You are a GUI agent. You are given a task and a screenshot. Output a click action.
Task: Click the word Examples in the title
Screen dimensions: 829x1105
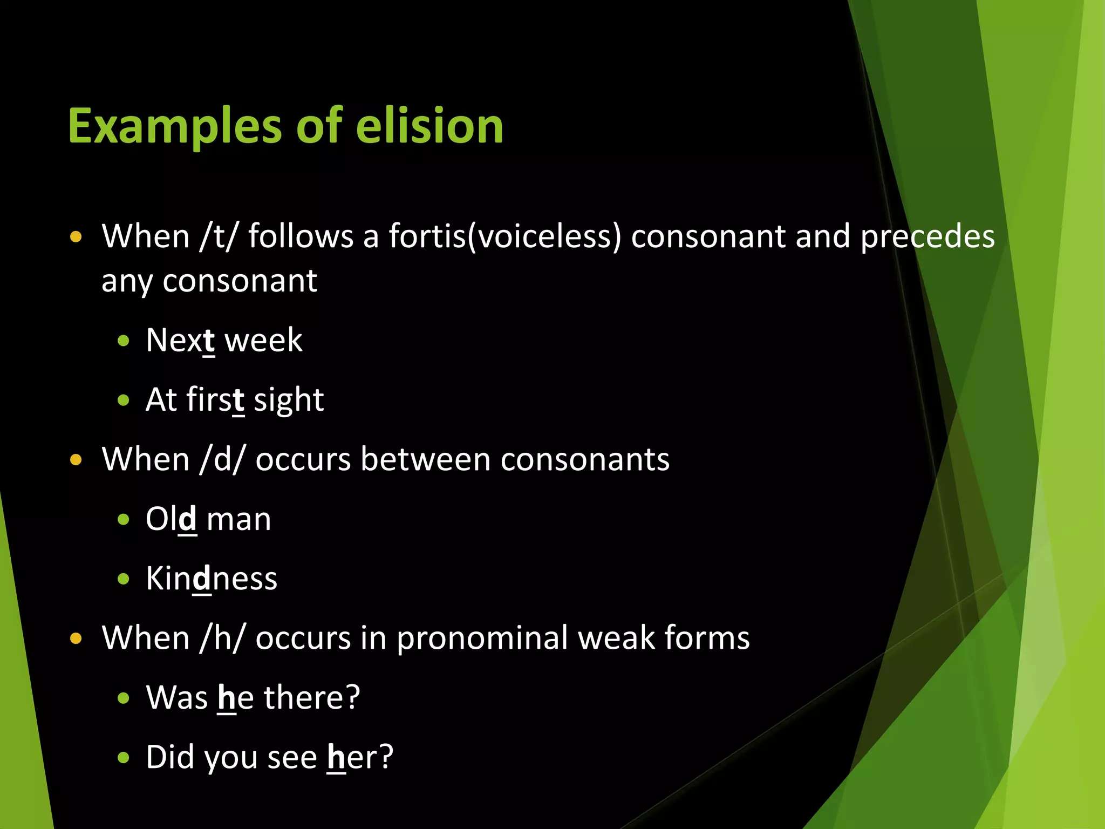[175, 126]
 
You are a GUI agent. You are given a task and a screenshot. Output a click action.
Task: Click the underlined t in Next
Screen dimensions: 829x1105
[209, 341]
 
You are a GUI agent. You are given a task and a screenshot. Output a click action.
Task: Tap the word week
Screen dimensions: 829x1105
[263, 341]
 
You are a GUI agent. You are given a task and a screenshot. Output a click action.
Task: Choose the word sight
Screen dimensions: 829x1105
[289, 400]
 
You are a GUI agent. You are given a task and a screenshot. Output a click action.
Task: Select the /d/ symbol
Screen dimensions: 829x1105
[222, 459]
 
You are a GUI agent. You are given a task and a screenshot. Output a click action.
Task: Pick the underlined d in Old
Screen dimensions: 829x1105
[187, 519]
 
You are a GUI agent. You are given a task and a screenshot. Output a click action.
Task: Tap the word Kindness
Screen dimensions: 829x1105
[212, 579]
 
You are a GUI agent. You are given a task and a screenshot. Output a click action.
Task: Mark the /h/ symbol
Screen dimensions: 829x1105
[222, 638]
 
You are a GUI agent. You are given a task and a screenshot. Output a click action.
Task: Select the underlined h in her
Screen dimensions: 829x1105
[336, 757]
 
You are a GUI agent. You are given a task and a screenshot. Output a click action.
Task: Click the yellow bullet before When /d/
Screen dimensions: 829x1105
[76, 460]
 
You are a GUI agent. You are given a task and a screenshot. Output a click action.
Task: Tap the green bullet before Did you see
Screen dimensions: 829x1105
[124, 757]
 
